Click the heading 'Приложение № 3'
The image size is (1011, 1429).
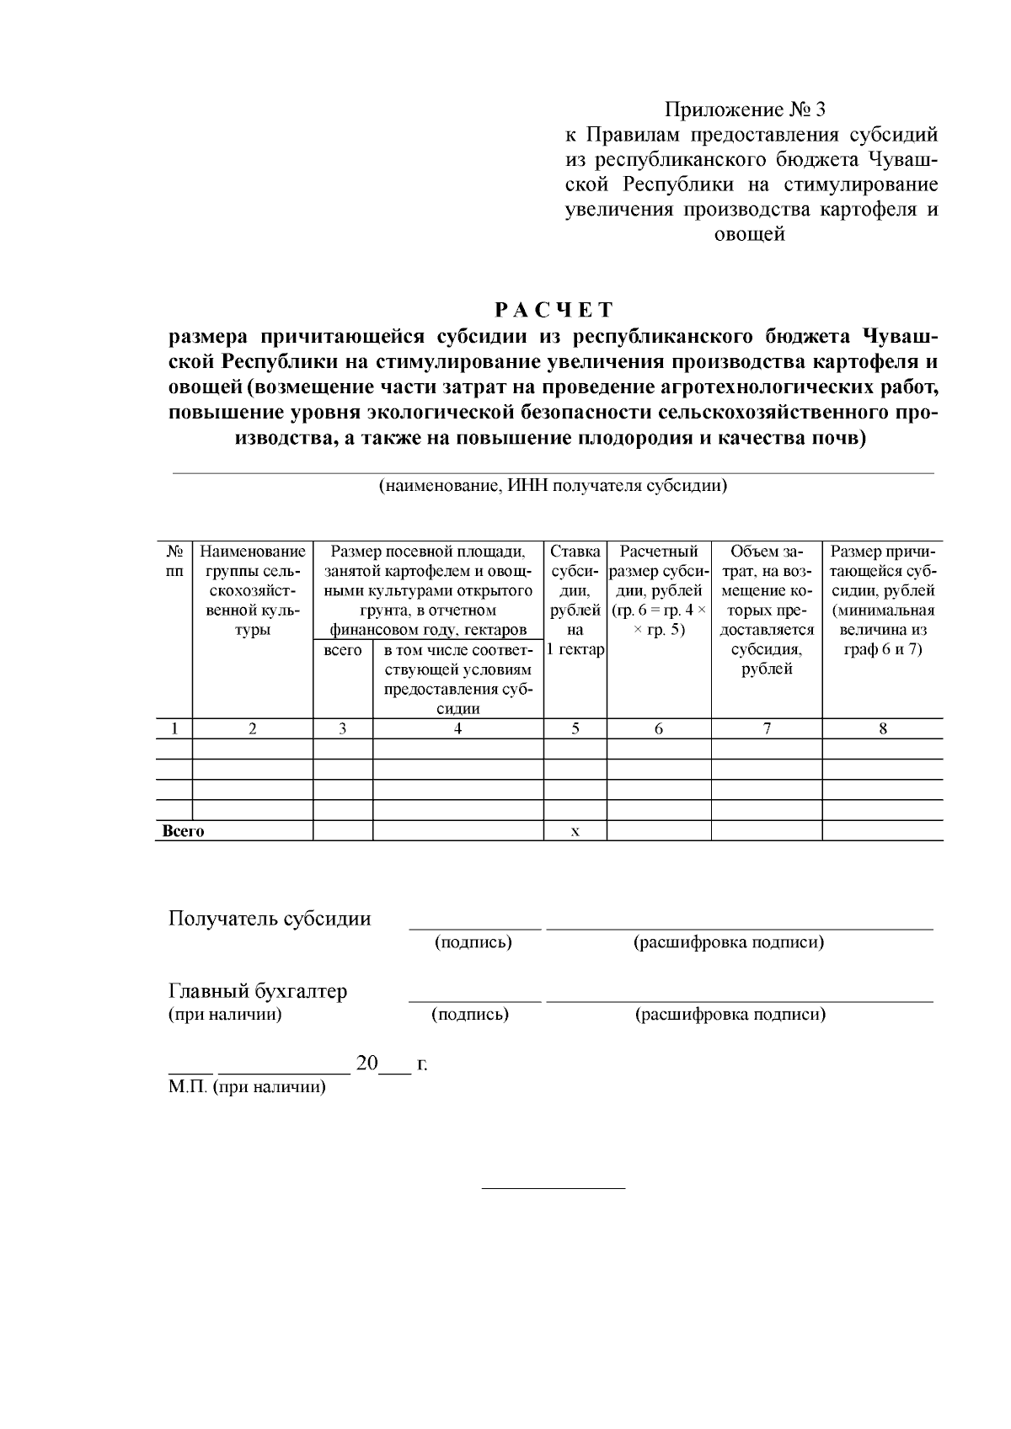[746, 110]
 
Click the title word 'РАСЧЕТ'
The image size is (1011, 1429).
[554, 311]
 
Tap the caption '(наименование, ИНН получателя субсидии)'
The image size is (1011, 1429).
[553, 486]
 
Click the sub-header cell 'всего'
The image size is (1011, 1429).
[342, 651]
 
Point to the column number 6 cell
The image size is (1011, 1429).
[658, 729]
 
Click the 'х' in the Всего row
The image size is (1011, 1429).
[575, 832]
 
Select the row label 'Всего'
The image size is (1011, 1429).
[183, 832]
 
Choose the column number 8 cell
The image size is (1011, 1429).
[882, 729]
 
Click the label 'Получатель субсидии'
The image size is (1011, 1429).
[270, 919]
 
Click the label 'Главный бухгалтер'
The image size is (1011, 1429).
[258, 992]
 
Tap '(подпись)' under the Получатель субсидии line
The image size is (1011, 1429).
[473, 942]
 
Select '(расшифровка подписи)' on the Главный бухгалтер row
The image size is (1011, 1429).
[730, 1015]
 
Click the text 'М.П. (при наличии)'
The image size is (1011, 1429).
[247, 1087]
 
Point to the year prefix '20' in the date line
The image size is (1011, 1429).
[367, 1064]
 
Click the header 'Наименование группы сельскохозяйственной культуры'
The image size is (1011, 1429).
[252, 591]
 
